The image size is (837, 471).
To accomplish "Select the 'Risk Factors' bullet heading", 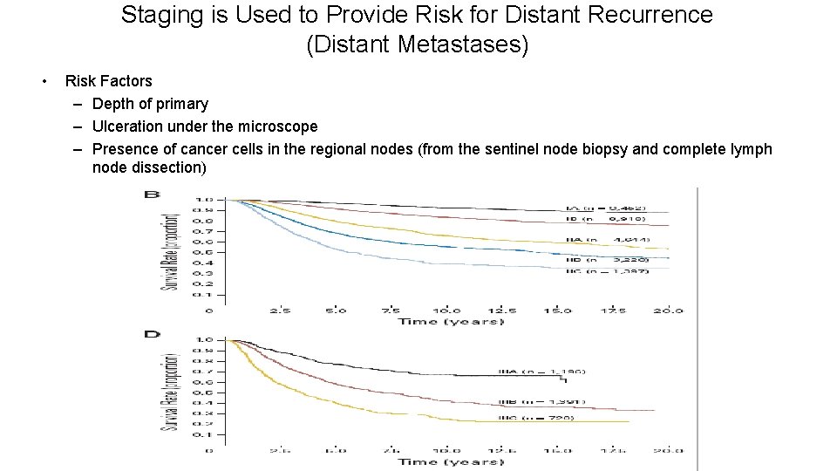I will pyautogui.click(x=108, y=81).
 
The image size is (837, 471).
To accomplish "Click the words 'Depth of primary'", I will pyautogui.click(x=150, y=104).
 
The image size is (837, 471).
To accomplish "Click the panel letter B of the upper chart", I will pyautogui.click(x=152, y=195).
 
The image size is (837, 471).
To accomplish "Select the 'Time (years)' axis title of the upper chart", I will pyautogui.click(x=450, y=322).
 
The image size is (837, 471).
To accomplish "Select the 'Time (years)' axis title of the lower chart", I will pyautogui.click(x=450, y=461).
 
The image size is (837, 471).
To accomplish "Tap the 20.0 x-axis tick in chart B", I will pyautogui.click(x=669, y=310).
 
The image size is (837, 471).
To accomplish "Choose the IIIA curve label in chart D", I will pyautogui.click(x=554, y=372).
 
